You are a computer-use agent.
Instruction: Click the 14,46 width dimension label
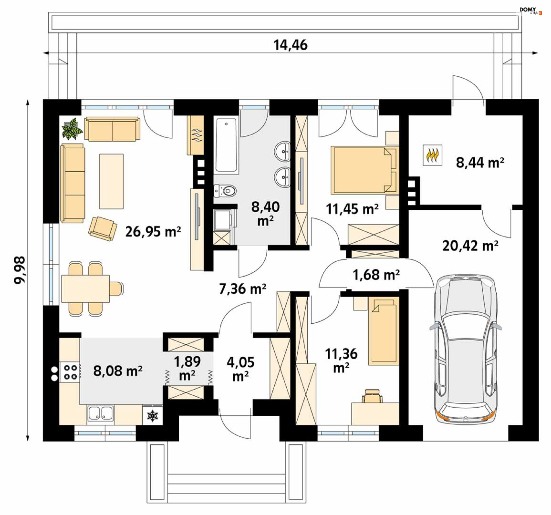(x=290, y=45)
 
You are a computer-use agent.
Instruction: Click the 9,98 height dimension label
(x=20, y=270)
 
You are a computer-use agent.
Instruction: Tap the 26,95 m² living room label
(x=153, y=231)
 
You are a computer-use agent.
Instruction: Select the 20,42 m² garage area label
(x=470, y=246)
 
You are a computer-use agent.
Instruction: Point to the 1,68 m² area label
(x=376, y=275)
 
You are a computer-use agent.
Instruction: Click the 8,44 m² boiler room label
(x=480, y=162)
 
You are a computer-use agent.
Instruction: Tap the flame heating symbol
(x=432, y=155)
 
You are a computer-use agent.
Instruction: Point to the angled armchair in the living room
(x=103, y=228)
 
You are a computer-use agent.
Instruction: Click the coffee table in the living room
(x=111, y=181)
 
